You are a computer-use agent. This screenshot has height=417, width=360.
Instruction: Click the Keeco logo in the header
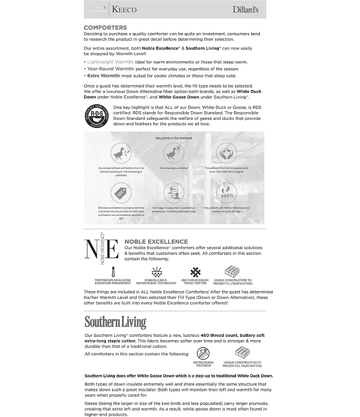pos(124,9)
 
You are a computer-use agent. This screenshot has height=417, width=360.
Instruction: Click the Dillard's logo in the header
pos(245,9)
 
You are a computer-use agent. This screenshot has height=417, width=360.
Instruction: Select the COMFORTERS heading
pos(105,27)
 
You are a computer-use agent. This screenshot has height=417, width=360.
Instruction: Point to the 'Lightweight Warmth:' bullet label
pos(111,62)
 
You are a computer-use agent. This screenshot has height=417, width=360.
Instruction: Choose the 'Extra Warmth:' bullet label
pos(103,76)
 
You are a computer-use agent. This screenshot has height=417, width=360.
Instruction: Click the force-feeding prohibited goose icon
pos(173,153)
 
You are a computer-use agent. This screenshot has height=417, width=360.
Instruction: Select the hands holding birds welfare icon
pos(226,153)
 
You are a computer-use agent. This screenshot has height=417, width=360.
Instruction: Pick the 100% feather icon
pos(226,193)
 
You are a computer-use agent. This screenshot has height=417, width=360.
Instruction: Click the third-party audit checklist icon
pos(173,193)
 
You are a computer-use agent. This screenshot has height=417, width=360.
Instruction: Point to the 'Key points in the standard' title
pos(173,138)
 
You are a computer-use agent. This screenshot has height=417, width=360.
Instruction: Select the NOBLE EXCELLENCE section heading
pos(156,242)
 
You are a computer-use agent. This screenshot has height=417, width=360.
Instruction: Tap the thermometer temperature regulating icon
pos(112,271)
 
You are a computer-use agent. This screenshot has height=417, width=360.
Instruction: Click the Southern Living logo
pos(115,323)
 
